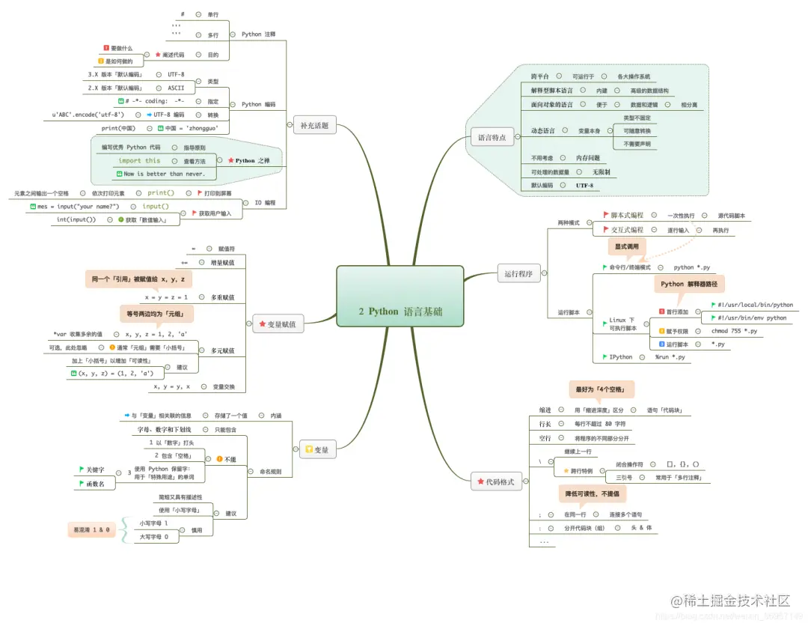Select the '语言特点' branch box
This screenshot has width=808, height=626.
click(492, 137)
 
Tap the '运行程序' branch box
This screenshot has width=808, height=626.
click(518, 273)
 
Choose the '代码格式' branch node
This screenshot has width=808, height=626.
click(496, 482)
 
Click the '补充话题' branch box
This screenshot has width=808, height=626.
click(314, 125)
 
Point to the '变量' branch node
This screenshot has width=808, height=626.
click(317, 450)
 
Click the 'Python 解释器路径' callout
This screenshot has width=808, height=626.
click(689, 284)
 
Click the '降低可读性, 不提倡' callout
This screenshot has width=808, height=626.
click(592, 494)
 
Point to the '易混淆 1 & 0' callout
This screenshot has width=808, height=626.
click(91, 530)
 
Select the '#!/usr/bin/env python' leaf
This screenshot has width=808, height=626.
click(752, 317)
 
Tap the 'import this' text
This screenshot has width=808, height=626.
click(139, 160)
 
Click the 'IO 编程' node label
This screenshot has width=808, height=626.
click(264, 202)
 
